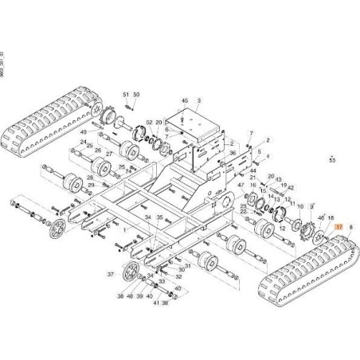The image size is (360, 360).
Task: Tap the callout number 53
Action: click(332, 160)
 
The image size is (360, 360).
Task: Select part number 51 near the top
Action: click(125, 95)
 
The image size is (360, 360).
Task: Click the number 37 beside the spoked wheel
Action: click(112, 272)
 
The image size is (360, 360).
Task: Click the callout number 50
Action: click(136, 95)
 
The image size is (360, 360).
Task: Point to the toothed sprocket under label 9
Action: click(304, 236)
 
